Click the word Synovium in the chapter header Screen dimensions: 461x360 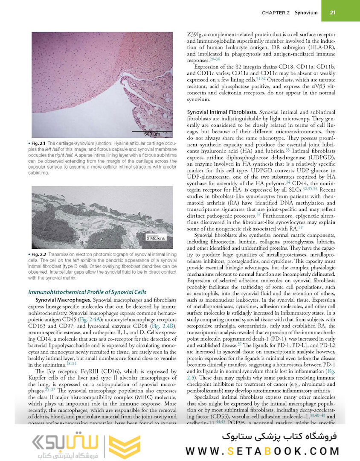306,13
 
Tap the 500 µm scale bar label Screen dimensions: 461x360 151,134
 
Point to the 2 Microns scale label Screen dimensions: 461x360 156,238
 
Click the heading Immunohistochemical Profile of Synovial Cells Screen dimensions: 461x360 87,292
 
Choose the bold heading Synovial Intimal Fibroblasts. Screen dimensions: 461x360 222,111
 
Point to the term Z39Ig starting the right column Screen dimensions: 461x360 197,34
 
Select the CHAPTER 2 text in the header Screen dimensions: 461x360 276,13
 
